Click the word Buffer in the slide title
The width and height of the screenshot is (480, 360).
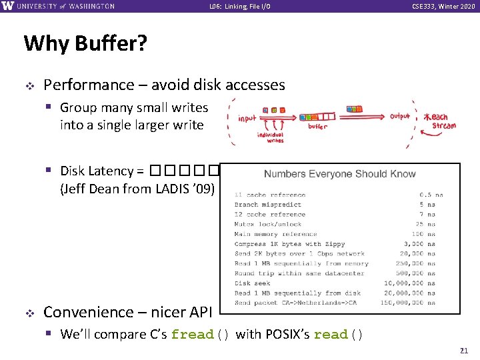click(111, 44)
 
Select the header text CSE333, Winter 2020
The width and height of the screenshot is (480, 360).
click(443, 7)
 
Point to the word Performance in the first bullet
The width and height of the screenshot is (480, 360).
click(89, 85)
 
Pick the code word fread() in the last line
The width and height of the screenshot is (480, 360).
click(201, 334)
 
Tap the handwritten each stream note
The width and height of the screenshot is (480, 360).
click(440, 120)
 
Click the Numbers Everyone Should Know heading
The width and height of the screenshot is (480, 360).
click(339, 174)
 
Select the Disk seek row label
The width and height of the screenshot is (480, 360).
click(252, 283)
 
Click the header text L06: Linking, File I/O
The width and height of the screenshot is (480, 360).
click(239, 7)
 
